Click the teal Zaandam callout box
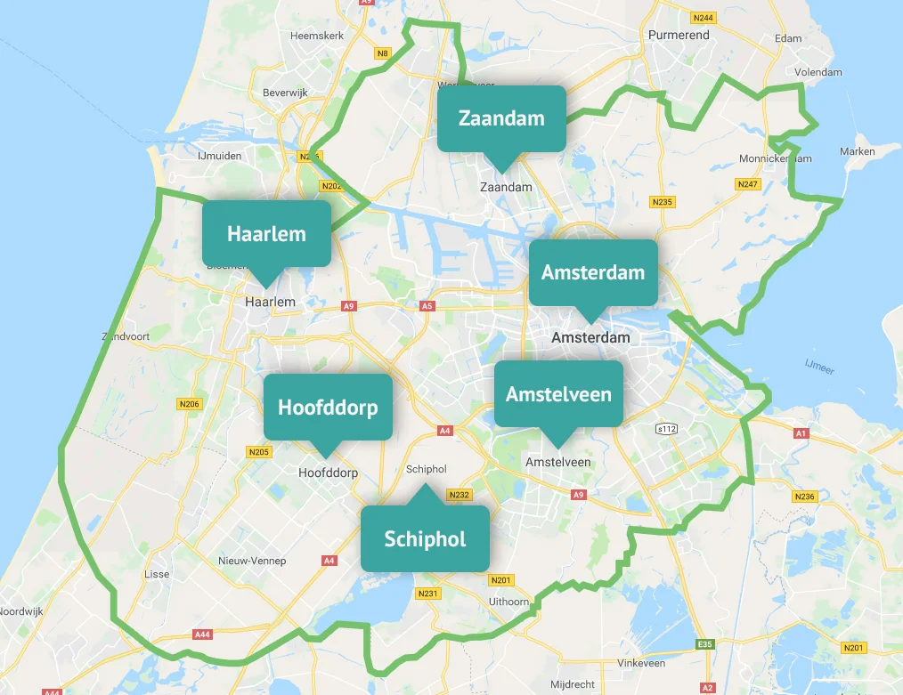(x=501, y=118)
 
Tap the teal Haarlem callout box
(x=266, y=233)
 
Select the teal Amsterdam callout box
(x=593, y=272)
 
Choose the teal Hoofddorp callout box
(x=328, y=407)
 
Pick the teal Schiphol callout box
(x=425, y=538)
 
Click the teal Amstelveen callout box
(x=558, y=393)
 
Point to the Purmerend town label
(x=679, y=36)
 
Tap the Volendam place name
(x=818, y=72)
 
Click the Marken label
(x=857, y=151)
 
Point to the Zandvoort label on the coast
(x=126, y=336)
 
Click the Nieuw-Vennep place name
(x=252, y=561)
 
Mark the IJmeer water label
(x=819, y=366)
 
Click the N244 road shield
(x=704, y=18)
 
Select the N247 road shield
(x=747, y=184)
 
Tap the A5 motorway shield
(x=427, y=306)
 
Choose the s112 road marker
(x=667, y=429)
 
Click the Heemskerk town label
(x=312, y=36)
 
